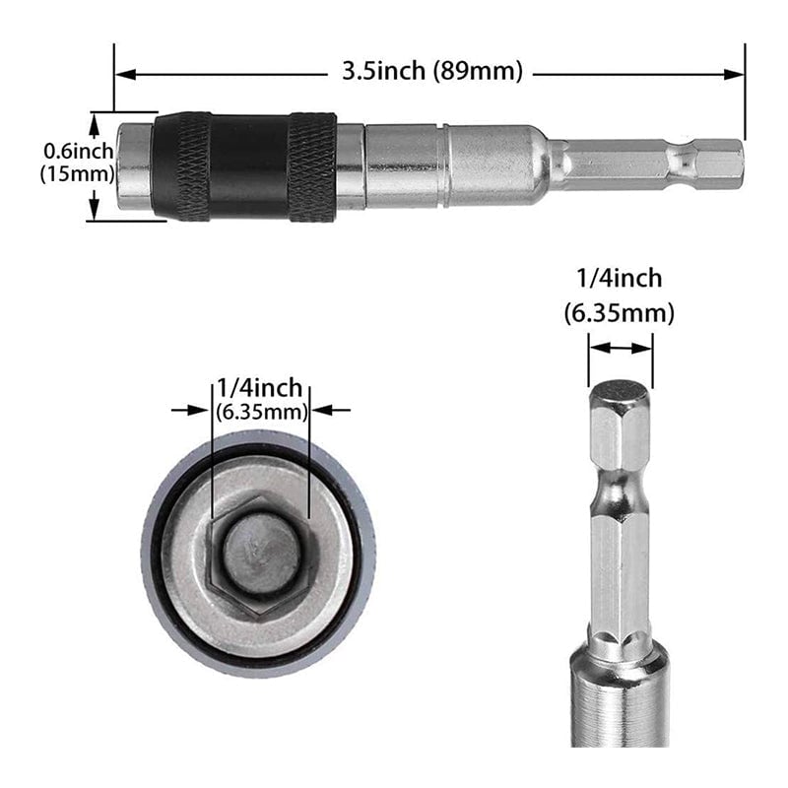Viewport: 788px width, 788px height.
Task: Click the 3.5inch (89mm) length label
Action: (x=431, y=71)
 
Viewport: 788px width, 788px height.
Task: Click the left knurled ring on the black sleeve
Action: (x=181, y=165)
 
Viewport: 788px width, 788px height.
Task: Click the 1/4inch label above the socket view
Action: (x=260, y=388)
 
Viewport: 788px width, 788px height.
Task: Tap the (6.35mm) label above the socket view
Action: (x=262, y=412)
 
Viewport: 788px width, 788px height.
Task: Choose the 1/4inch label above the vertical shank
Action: (x=620, y=279)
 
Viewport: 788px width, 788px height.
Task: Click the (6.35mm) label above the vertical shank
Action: (x=620, y=313)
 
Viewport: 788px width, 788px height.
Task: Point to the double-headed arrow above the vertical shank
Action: (x=620, y=347)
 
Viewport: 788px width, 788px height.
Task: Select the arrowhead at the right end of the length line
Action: (x=734, y=72)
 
